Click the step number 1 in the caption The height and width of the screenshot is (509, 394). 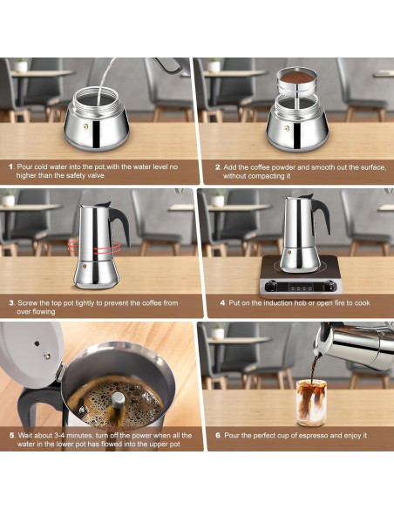click(x=10, y=166)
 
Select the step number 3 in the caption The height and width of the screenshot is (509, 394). click(x=10, y=302)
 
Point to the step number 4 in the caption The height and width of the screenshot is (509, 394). click(x=222, y=302)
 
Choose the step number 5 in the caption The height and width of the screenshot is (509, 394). click(x=10, y=434)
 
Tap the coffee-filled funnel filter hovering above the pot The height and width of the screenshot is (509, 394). click(x=298, y=84)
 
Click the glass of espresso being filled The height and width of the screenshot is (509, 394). click(x=310, y=403)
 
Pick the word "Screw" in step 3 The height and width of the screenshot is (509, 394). click(x=30, y=302)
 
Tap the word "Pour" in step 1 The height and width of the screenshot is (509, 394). click(x=27, y=166)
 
